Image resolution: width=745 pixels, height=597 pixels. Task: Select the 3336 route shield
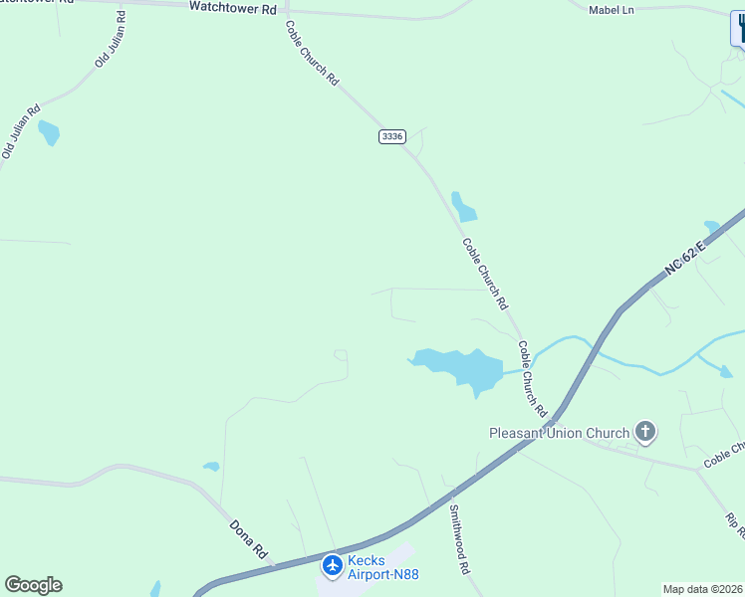[x=392, y=136]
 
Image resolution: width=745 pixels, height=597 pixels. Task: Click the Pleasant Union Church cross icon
[x=645, y=432]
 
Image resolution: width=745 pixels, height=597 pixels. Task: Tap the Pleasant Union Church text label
[x=559, y=433]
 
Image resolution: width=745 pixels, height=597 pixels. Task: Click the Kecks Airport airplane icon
[x=333, y=566]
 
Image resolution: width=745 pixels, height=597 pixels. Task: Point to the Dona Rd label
[x=249, y=538]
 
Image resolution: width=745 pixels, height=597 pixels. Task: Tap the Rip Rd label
[x=735, y=527]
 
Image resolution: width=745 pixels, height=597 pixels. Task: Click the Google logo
[x=34, y=585]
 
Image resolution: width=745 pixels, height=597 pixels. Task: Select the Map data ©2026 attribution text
[x=702, y=589]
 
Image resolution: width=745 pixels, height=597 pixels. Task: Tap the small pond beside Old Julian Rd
[x=48, y=132]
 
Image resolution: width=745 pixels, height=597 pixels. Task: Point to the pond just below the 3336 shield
[x=463, y=207]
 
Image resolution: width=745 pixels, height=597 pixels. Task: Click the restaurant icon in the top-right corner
[x=740, y=25]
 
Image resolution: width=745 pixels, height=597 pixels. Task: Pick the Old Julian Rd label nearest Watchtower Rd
[x=111, y=39]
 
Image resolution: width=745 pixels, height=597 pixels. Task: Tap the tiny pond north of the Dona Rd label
[x=211, y=466]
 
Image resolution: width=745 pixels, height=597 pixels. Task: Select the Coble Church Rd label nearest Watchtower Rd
[x=312, y=53]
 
